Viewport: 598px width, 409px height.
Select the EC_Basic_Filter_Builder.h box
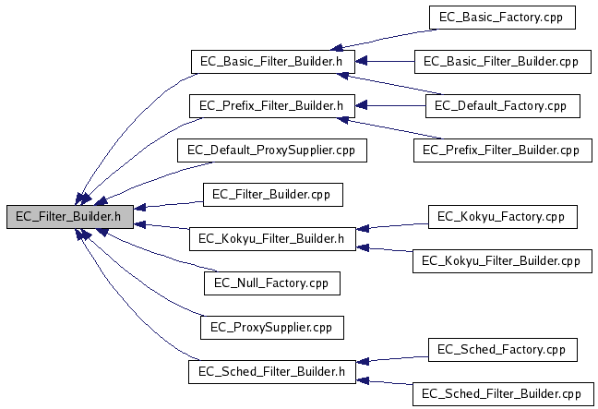(272, 62)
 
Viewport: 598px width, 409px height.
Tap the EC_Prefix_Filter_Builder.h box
(272, 105)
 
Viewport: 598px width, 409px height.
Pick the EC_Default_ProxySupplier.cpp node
(271, 150)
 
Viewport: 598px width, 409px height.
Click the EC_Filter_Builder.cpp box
(271, 194)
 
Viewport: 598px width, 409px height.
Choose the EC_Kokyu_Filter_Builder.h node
(272, 238)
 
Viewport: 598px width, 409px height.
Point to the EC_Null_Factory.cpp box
(271, 283)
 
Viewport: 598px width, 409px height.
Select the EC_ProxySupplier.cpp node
(271, 327)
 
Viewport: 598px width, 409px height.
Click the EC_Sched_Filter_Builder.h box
(272, 371)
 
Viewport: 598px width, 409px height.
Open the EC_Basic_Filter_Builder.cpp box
(501, 62)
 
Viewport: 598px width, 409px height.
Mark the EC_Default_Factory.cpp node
(502, 105)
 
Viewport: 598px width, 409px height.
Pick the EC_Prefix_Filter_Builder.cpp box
(501, 150)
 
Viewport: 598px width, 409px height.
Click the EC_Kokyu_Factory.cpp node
(502, 216)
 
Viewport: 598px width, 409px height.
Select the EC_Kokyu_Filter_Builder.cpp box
(501, 260)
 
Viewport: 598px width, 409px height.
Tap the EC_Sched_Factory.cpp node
(502, 349)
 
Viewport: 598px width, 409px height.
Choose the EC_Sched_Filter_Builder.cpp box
(501, 393)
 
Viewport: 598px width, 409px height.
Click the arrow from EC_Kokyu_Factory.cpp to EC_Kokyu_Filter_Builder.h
(392, 226)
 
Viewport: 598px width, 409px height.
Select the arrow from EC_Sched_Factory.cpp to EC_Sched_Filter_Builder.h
(392, 359)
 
